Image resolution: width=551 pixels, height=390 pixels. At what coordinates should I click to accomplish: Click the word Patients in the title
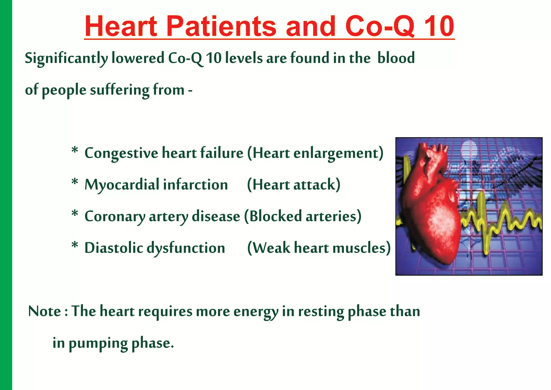coord(221,26)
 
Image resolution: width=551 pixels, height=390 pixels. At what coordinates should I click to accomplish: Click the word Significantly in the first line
coord(66,58)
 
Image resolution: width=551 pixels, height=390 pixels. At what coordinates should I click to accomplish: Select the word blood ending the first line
coord(396,58)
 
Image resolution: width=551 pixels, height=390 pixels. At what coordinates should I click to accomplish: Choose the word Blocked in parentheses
coord(275,216)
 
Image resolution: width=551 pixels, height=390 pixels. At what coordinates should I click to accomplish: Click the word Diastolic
coord(114,248)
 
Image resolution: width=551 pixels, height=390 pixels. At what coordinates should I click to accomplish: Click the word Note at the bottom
coord(45,311)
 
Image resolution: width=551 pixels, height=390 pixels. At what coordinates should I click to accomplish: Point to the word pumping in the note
coord(98,343)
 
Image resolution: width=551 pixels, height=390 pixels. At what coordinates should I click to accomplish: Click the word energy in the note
coord(256,312)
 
